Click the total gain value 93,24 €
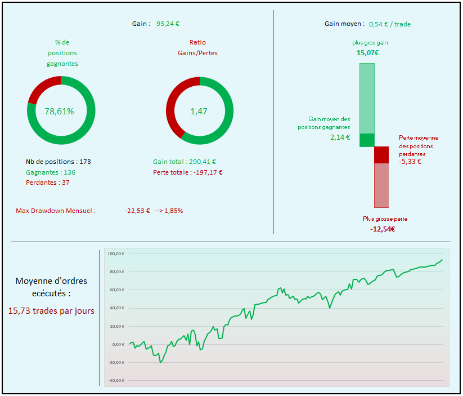click(x=168, y=24)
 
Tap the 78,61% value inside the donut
click(x=59, y=111)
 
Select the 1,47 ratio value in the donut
click(x=199, y=111)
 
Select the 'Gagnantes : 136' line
click(x=51, y=172)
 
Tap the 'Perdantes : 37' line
click(x=48, y=183)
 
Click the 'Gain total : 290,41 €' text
click(x=185, y=162)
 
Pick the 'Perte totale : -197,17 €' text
click(x=188, y=172)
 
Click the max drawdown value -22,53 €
click(x=137, y=211)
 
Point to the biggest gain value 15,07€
click(x=367, y=53)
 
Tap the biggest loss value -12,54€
click(x=383, y=229)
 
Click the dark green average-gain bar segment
click(x=367, y=140)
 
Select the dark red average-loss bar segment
click(x=381, y=155)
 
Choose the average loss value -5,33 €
click(x=410, y=162)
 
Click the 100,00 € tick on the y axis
click(x=115, y=253)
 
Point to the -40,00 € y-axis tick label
click(x=115, y=380)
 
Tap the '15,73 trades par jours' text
click(x=51, y=310)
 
